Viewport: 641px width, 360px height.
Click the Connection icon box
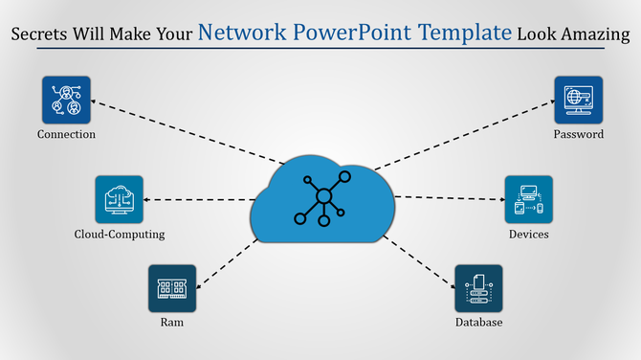66,100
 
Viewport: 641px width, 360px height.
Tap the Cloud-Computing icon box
119,199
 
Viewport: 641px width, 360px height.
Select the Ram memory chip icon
172,288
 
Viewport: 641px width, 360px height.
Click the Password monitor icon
578,100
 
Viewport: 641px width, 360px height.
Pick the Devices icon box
528,199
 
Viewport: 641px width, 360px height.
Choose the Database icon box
478,288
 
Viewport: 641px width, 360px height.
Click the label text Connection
66,134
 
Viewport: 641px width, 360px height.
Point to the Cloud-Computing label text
120,234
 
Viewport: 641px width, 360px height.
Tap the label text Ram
172,323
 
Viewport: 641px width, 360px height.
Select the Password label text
578,134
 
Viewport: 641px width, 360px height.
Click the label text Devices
528,234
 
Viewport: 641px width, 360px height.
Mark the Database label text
478,323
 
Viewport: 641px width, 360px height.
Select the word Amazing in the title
595,35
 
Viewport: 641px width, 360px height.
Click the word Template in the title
463,34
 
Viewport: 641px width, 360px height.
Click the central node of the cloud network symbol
323,197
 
